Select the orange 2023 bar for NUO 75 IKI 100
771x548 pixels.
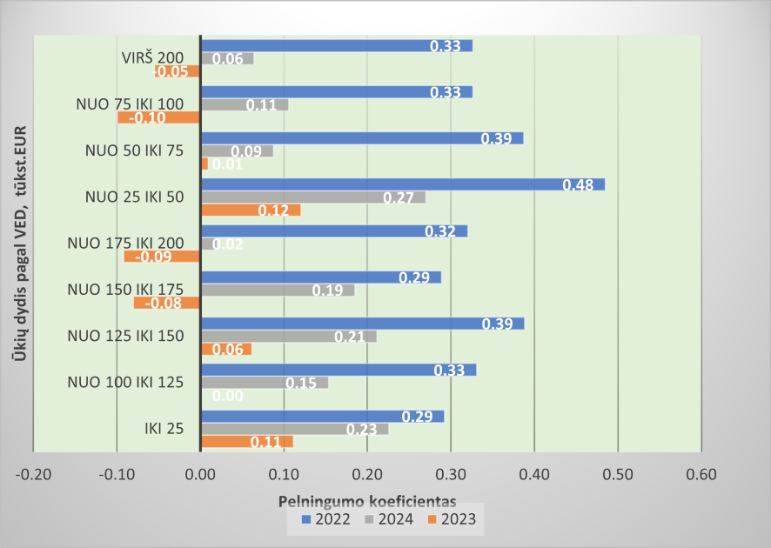pyautogui.click(x=160, y=117)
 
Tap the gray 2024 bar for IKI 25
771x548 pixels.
pyautogui.click(x=294, y=428)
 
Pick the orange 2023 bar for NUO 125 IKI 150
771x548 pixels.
pyautogui.click(x=226, y=349)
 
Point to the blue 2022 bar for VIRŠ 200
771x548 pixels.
pyautogui.click(x=336, y=45)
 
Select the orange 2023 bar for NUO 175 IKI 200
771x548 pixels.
pyautogui.click(x=163, y=256)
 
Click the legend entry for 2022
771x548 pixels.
pyautogui.click(x=327, y=519)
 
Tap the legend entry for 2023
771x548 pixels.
pyautogui.click(x=453, y=519)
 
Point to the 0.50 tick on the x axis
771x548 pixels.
pyautogui.click(x=617, y=474)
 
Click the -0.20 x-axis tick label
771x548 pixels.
pyautogui.click(x=34, y=474)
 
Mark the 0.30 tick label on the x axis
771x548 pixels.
pyautogui.click(x=450, y=474)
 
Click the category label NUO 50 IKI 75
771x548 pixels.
pyautogui.click(x=134, y=150)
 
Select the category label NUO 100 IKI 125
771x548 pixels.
pyautogui.click(x=126, y=381)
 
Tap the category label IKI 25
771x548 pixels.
pyautogui.click(x=164, y=427)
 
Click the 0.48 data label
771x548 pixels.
pyautogui.click(x=578, y=185)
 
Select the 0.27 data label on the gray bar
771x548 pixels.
pyautogui.click(x=399, y=197)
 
